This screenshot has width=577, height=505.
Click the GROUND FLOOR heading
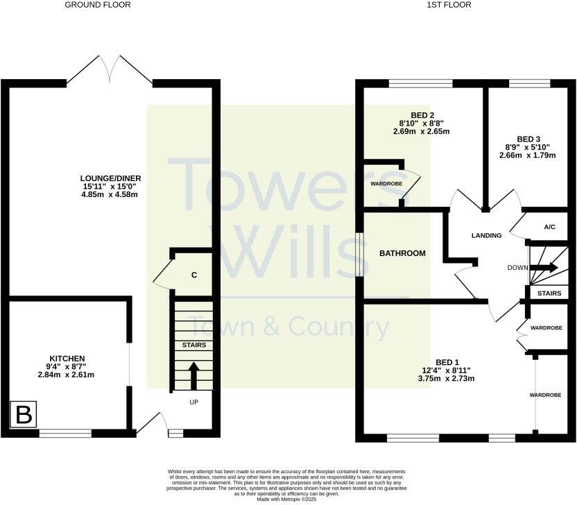(x=97, y=5)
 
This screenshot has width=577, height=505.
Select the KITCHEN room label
(x=67, y=358)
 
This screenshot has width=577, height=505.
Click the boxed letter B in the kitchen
(x=24, y=416)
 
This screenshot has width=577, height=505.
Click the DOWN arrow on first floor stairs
(x=544, y=267)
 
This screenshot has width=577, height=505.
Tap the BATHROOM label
(x=402, y=254)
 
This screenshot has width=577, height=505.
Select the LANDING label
(x=485, y=236)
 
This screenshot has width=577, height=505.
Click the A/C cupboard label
(x=549, y=227)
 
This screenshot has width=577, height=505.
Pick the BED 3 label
(x=528, y=138)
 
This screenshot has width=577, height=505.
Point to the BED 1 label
(x=447, y=362)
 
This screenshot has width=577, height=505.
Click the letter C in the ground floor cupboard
(x=194, y=275)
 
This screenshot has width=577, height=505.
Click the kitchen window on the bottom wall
(x=65, y=434)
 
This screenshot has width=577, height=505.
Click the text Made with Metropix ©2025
(x=287, y=499)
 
